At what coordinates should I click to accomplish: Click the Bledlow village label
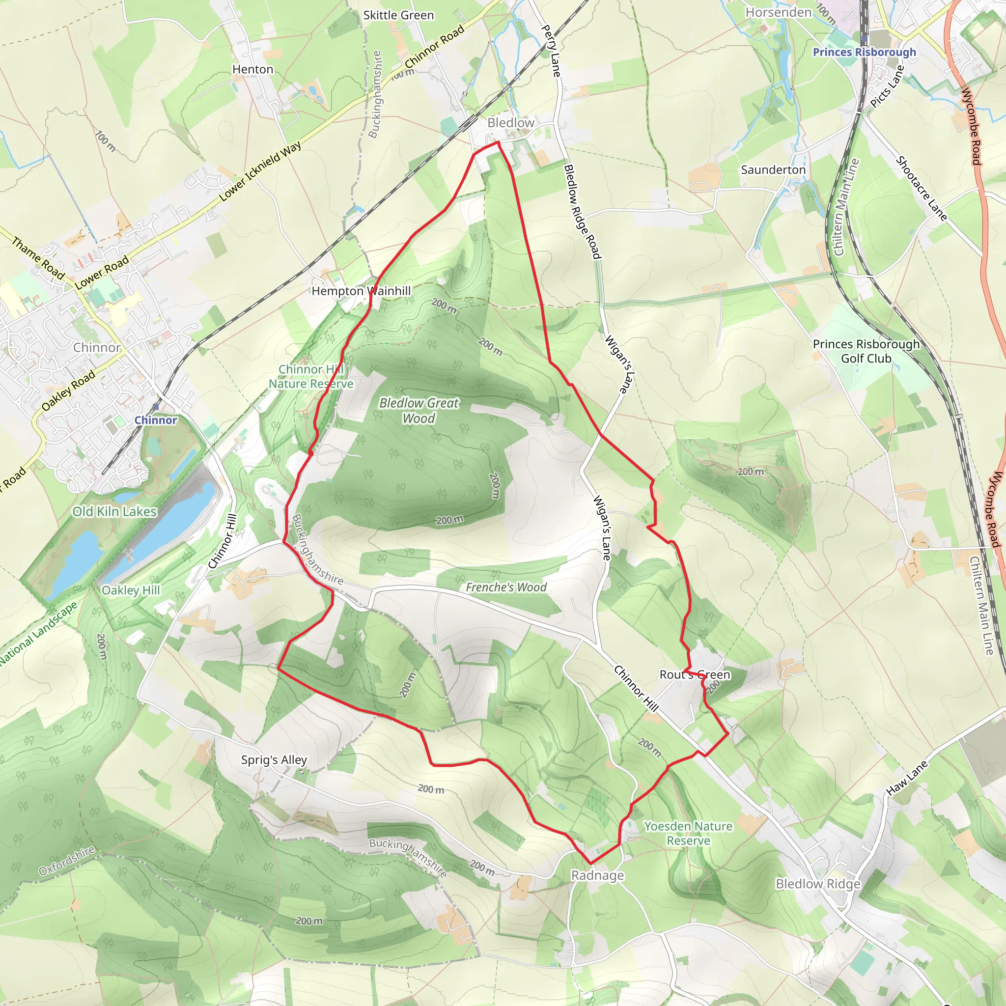point(511,123)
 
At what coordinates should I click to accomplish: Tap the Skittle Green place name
point(398,15)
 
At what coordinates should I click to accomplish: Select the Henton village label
point(252,69)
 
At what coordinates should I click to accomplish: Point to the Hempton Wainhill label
point(362,291)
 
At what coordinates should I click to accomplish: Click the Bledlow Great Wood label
point(419,411)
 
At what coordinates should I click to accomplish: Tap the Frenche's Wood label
point(506,587)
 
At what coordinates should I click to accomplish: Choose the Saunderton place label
point(773,170)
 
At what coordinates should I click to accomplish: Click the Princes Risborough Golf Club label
point(866,352)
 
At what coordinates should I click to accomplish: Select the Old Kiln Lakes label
point(114,512)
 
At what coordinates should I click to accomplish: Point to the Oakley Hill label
point(131,590)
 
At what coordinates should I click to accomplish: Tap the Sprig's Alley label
point(274,760)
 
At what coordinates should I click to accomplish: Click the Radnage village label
point(598,876)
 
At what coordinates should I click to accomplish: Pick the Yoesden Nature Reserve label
point(688,834)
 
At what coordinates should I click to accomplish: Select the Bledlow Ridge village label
point(818,884)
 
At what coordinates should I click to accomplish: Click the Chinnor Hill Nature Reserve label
point(311,376)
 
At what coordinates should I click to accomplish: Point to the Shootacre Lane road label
point(921,189)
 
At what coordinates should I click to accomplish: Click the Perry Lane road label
point(552,51)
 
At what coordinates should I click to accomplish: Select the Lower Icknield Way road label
point(260,171)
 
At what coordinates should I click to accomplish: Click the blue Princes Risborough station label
point(865,52)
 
